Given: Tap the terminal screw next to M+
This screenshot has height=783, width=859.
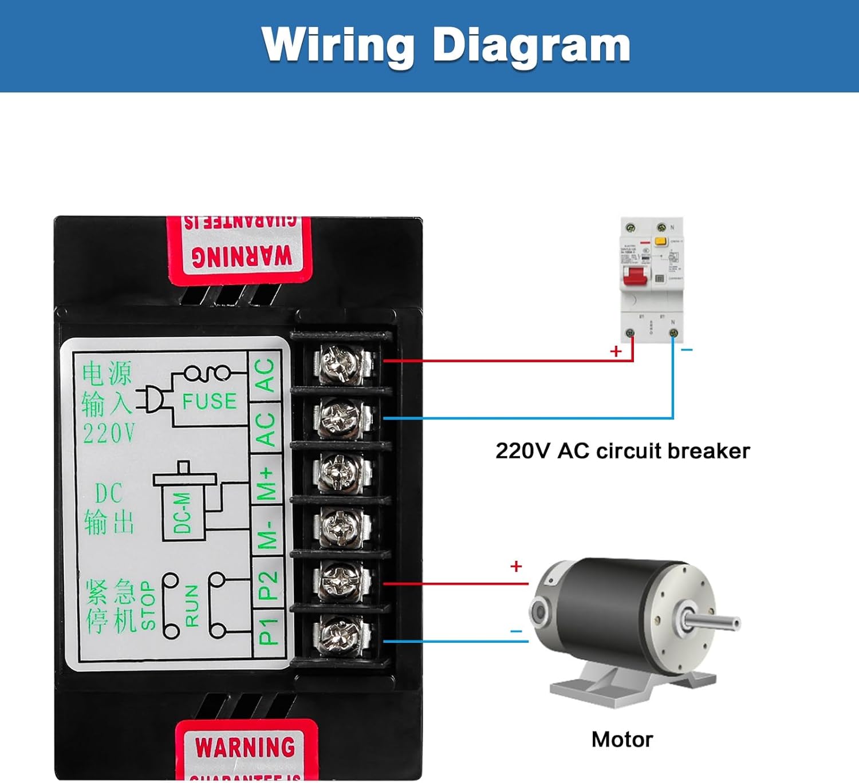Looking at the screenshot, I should click(x=340, y=472).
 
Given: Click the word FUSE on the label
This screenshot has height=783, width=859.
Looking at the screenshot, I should click(x=209, y=401).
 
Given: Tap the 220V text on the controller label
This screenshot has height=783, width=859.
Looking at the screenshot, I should click(x=109, y=433).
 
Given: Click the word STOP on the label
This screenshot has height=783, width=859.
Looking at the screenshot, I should click(x=148, y=606).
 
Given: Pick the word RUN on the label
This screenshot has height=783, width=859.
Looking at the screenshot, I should click(x=192, y=606).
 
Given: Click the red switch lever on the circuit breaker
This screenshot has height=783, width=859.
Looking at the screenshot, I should click(x=635, y=275).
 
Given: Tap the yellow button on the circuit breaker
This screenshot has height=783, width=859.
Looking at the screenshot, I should click(x=660, y=242).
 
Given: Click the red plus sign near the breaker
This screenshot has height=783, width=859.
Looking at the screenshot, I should click(x=616, y=351).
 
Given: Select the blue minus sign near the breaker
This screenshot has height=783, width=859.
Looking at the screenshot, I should click(x=687, y=350).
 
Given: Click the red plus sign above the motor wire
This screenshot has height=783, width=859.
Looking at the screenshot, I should click(x=516, y=566).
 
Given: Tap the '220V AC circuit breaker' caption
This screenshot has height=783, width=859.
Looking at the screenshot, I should click(x=622, y=451).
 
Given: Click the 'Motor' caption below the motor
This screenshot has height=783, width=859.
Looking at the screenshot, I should click(x=622, y=739).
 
